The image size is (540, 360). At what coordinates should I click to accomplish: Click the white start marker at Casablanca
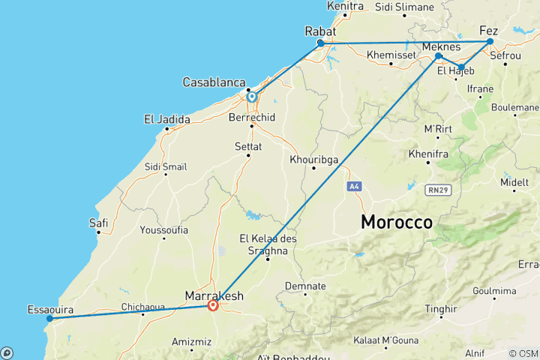(x=252, y=96)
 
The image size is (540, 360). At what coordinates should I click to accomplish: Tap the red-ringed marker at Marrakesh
(x=213, y=305)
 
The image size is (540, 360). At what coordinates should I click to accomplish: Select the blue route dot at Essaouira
(x=49, y=318)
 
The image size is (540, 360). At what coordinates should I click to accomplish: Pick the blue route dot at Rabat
(x=321, y=43)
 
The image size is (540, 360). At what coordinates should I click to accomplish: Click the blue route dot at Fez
(x=490, y=41)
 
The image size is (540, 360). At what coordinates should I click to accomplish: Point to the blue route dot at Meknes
(x=438, y=56)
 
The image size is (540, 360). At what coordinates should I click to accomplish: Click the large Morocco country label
(x=397, y=222)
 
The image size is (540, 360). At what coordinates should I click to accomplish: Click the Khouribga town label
(x=313, y=159)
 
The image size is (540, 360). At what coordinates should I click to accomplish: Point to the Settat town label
(x=247, y=147)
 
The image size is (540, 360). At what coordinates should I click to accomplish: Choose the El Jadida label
(x=166, y=119)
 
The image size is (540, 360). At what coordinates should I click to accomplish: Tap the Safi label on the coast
(x=98, y=223)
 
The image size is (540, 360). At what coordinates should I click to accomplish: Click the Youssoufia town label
(x=163, y=230)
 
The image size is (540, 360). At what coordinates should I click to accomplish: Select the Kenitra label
(x=345, y=6)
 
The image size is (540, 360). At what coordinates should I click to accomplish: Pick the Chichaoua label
(x=144, y=306)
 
